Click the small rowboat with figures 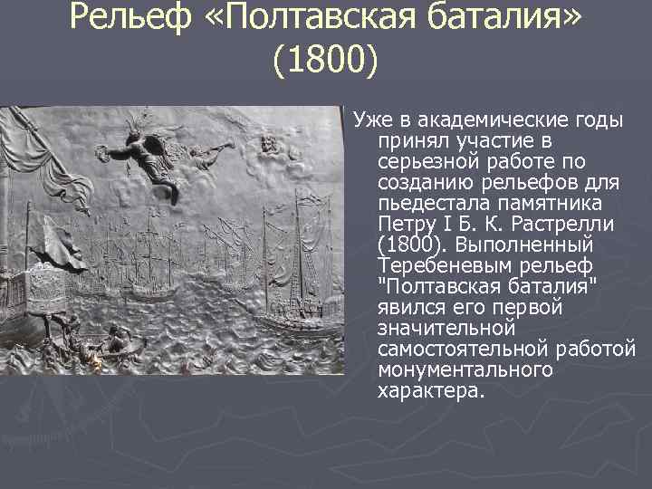(109, 349)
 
